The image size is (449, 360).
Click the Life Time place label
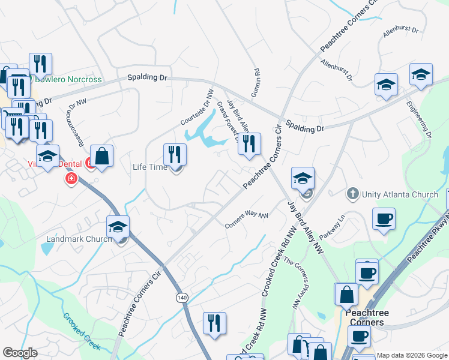(149, 167)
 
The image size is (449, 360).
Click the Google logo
(20, 353)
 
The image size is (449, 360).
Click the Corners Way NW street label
(246, 219)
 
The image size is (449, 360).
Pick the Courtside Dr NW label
(197, 108)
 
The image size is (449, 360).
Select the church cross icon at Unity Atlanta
(353, 194)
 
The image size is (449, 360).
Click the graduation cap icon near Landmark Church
(118, 227)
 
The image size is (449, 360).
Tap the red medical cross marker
(71, 178)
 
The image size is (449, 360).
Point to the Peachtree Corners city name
(366, 317)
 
